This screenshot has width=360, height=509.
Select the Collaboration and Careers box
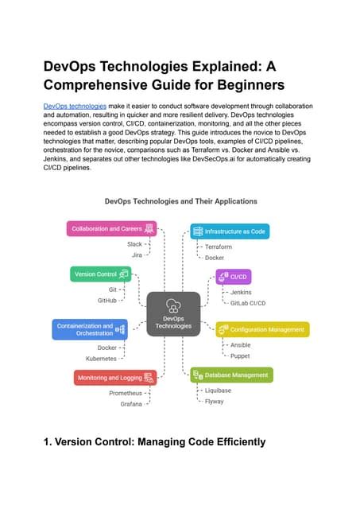111,229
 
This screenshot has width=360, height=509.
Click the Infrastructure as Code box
230,231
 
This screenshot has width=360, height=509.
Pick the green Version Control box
100,274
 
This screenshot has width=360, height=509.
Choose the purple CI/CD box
234,277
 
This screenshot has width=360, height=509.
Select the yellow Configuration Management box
262,329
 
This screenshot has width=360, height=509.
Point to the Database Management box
231,374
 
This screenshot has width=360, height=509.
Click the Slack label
134,244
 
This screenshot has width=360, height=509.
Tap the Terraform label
218,247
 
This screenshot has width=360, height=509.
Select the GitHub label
107,301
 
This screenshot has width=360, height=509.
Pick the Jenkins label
240,292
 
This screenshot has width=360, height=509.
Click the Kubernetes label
101,359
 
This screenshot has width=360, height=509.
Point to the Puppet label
239,356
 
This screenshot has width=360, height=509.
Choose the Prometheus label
126,393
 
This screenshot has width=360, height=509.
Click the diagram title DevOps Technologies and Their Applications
180,201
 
